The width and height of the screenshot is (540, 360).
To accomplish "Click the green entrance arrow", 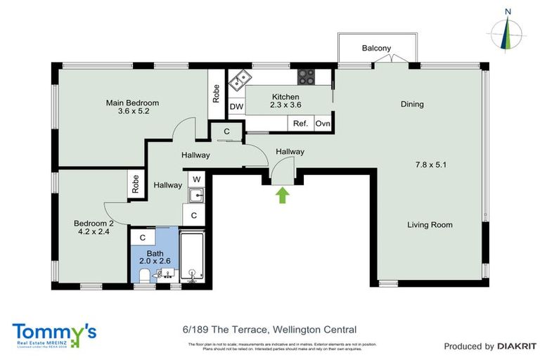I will pos(283,195).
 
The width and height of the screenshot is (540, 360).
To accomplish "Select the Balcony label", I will pos(376,49).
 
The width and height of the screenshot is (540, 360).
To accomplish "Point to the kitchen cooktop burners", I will pos(307,76).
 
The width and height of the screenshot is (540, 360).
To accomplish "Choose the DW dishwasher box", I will pos(236,107).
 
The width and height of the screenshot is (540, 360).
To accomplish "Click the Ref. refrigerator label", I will pos(301,124).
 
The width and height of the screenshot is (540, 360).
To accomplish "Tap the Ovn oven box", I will pos(323,124).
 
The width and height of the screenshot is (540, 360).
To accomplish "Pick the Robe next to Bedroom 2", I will pos(136,184).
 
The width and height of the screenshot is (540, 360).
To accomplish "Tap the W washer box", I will pos(197,179).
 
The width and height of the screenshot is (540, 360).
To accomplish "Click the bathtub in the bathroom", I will pos(193,257).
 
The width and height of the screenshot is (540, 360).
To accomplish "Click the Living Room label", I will pos(430,225).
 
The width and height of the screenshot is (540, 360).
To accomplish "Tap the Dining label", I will pos(412,105).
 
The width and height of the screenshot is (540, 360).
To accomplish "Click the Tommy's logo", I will pos(53,333).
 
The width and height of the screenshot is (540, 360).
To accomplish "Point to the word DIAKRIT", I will pos(517,346).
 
